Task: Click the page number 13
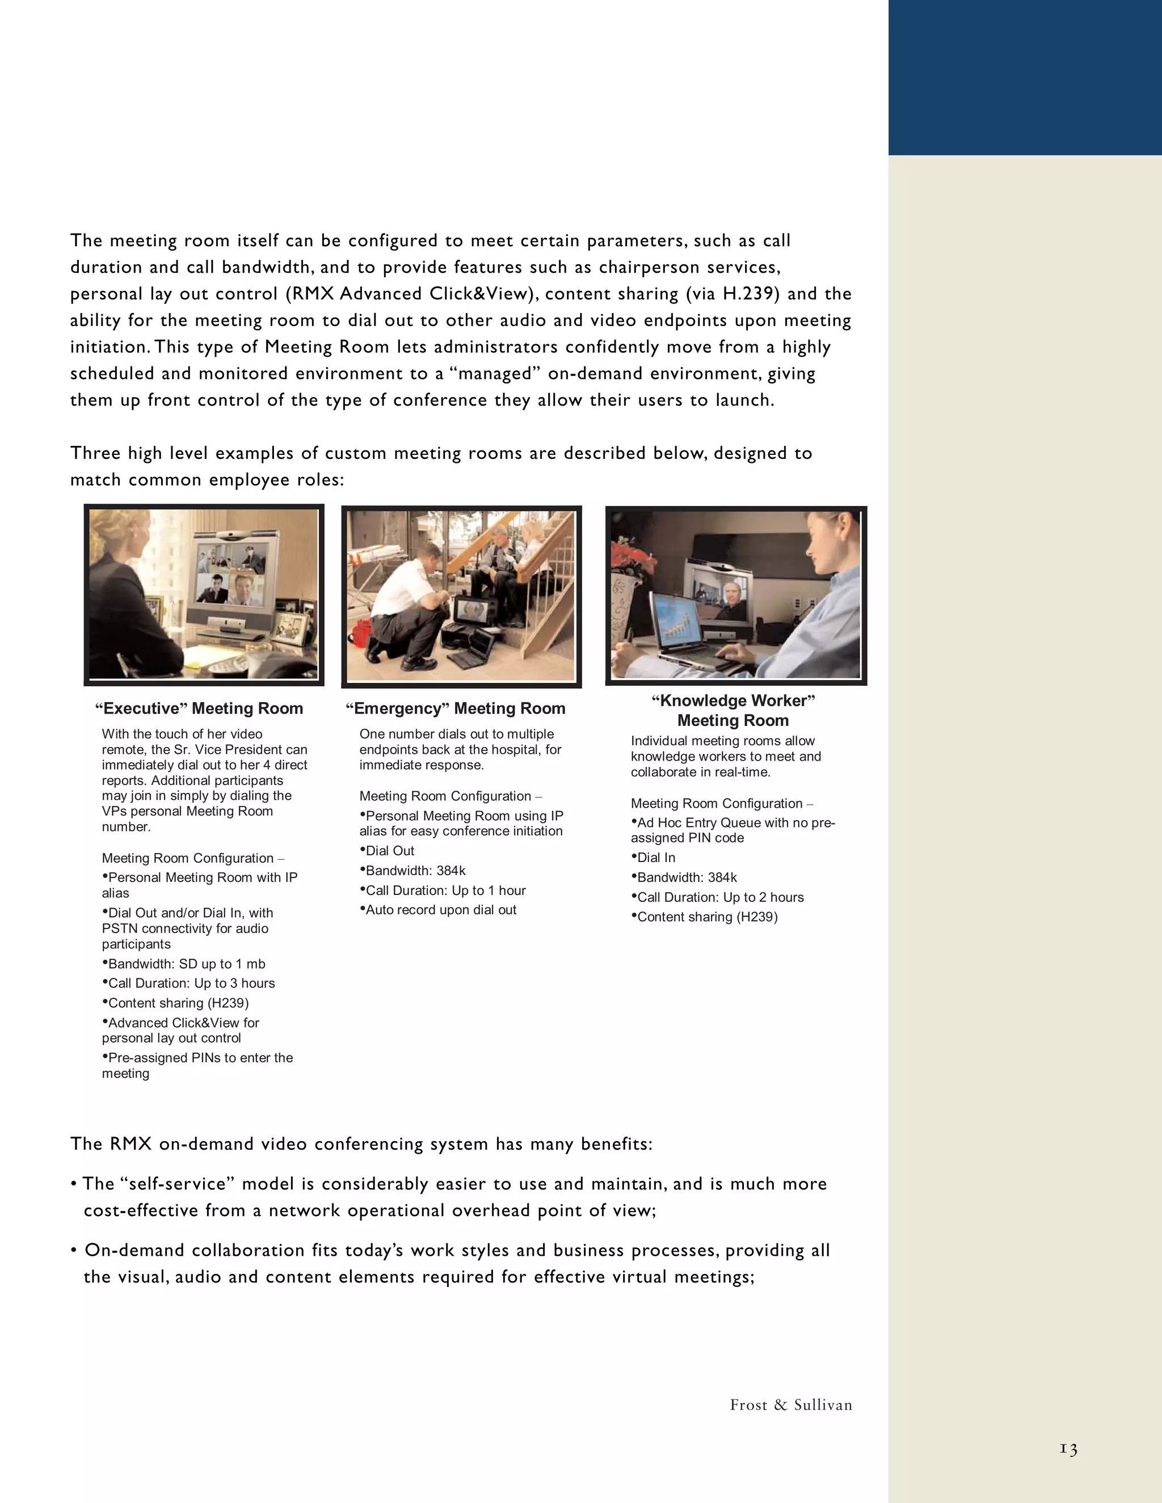tap(1068, 1449)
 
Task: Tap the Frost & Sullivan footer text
tap(791, 1404)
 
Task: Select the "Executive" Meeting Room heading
tap(199, 708)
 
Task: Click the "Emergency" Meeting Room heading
tap(455, 708)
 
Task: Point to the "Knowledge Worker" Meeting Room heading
tap(733, 710)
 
